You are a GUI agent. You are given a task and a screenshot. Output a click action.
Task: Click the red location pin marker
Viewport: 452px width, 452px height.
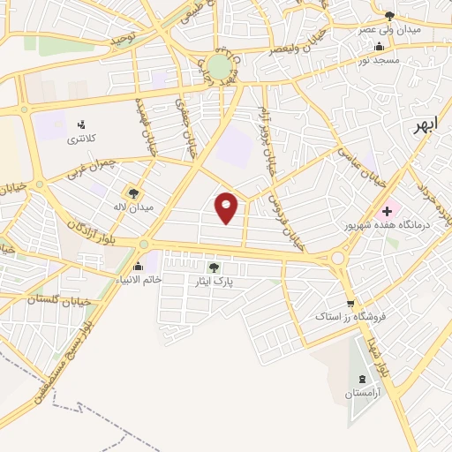pyautogui.click(x=227, y=207)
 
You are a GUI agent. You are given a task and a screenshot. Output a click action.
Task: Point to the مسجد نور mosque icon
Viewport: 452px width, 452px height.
pyautogui.click(x=380, y=47)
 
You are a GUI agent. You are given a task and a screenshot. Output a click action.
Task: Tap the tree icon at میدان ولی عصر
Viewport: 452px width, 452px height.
pyautogui.click(x=388, y=16)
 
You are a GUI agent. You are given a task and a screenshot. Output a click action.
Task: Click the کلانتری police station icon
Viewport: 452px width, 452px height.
pyautogui.click(x=81, y=124)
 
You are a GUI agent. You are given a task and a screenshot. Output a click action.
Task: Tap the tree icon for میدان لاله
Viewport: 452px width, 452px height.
pyautogui.click(x=132, y=192)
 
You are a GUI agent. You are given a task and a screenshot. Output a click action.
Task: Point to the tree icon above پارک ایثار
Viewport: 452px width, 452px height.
pyautogui.click(x=214, y=267)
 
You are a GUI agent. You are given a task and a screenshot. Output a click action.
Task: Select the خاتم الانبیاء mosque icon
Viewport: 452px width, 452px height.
pyautogui.click(x=138, y=267)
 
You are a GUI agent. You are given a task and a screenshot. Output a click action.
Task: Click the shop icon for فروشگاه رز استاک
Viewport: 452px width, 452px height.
pyautogui.click(x=350, y=303)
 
